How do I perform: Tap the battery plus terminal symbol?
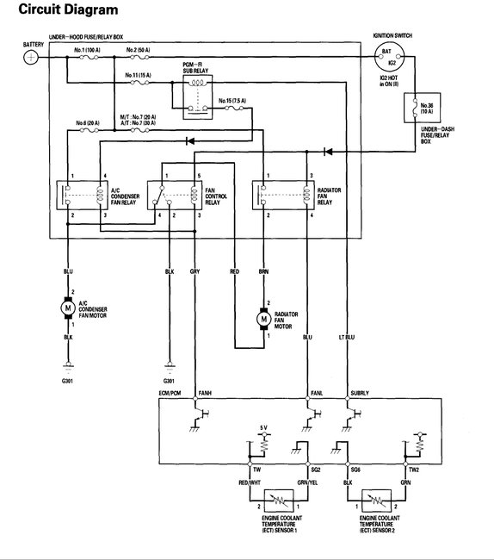(x=30, y=57)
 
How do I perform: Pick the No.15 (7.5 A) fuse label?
(x=232, y=100)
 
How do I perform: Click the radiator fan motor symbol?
(x=264, y=318)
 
